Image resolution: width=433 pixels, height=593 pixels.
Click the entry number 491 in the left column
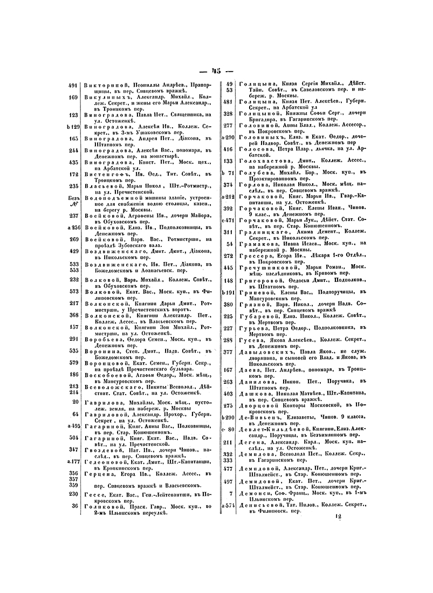tap(73, 85)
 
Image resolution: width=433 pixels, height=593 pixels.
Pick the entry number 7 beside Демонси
tap(230, 493)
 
